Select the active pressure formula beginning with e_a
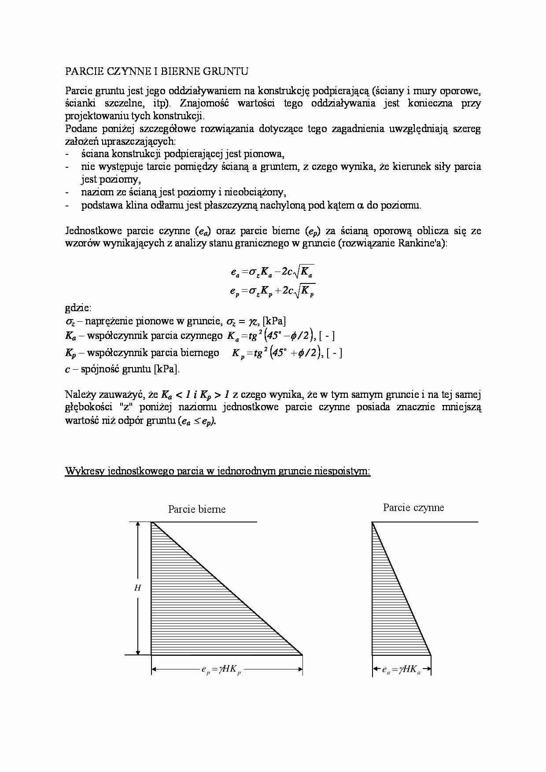[272, 272]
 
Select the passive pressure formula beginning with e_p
[272, 291]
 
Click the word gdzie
[78, 308]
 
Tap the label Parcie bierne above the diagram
[197, 509]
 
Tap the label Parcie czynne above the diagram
[413, 507]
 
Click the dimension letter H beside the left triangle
[138, 588]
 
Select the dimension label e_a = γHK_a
[401, 670]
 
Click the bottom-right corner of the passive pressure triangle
[303, 655]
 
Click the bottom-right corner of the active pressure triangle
[431, 655]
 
